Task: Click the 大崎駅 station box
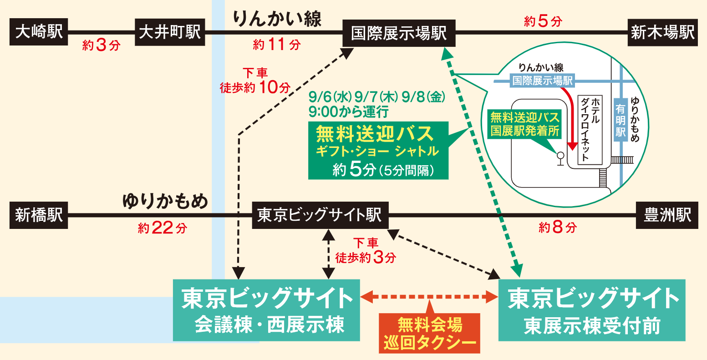39,32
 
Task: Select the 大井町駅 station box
170,32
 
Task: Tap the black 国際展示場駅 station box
399,33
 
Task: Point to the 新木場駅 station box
662,32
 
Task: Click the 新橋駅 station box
39,215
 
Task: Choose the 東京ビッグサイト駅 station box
320,215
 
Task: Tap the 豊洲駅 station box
667,215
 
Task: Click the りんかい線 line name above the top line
277,19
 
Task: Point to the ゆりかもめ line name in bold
165,201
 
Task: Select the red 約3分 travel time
102,45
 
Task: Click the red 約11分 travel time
276,45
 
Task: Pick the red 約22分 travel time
162,228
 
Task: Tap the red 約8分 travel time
558,227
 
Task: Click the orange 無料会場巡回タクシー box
429,333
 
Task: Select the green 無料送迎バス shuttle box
378,151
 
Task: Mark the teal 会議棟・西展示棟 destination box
266,310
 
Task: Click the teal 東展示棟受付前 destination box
592,310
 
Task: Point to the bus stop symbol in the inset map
560,159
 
